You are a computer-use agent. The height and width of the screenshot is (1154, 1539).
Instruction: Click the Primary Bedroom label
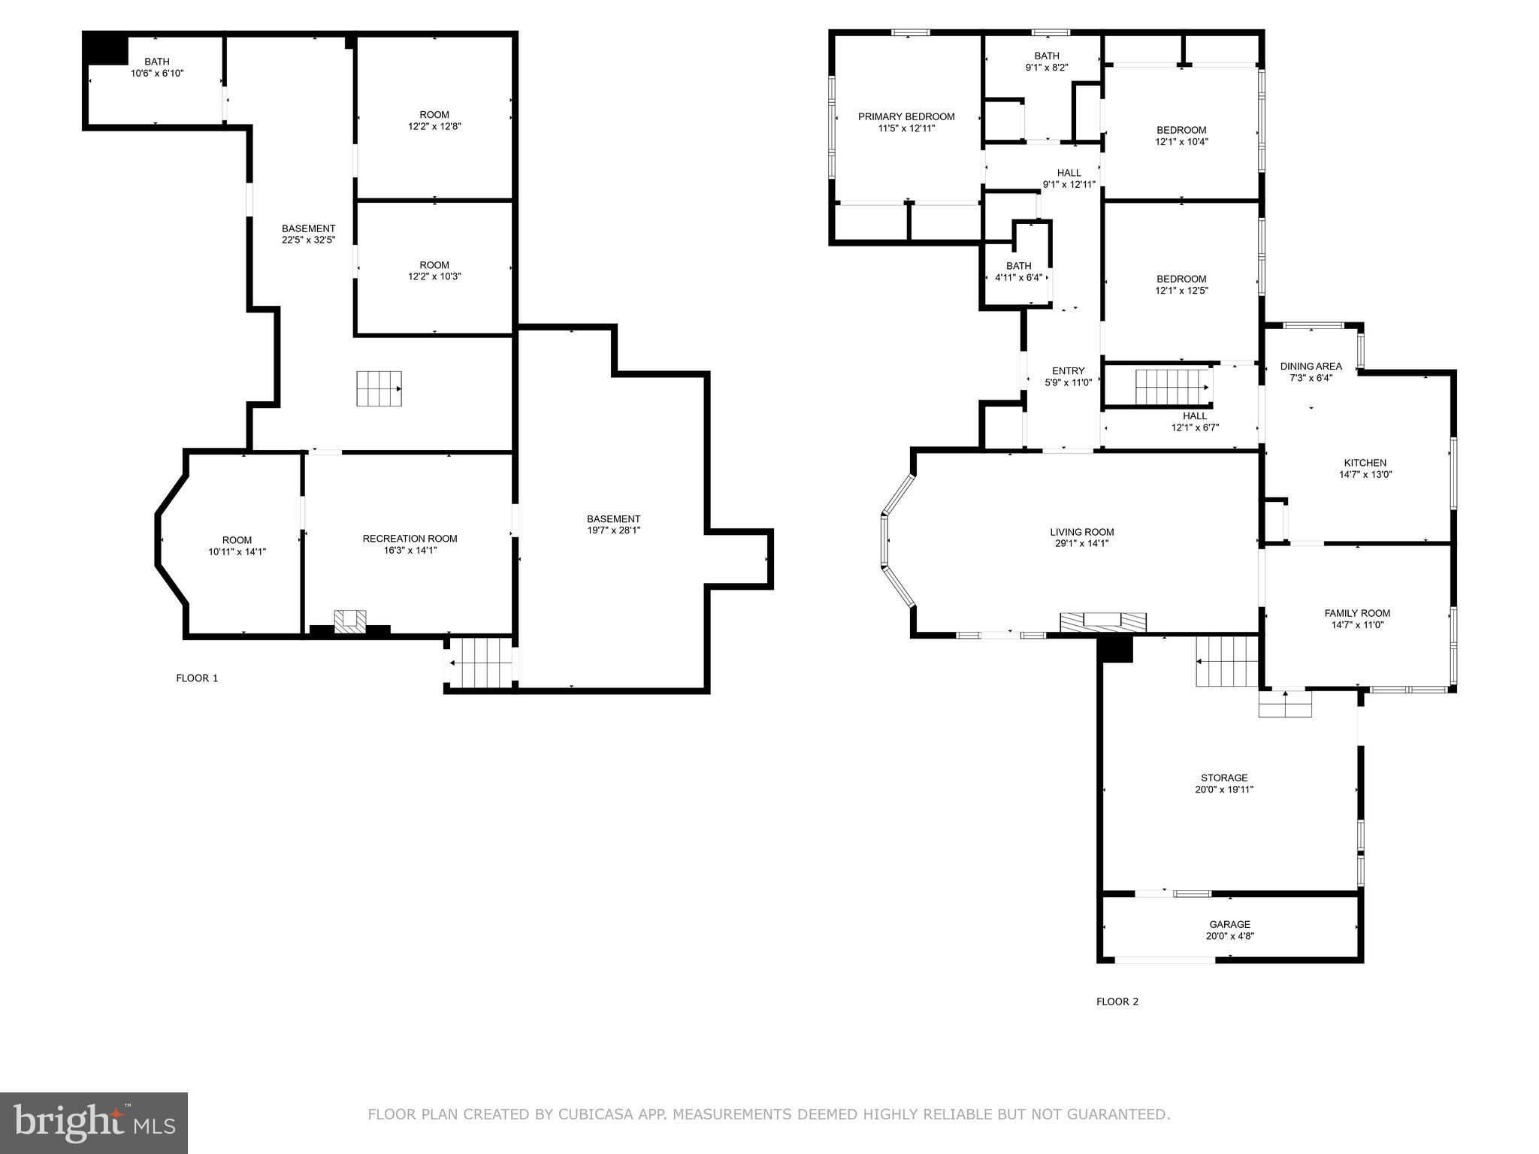point(906,116)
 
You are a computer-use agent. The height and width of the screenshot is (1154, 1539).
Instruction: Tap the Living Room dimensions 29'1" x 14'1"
point(1081,543)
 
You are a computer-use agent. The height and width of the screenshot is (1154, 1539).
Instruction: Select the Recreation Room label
point(410,539)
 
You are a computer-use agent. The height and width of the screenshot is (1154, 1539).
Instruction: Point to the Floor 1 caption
point(197,678)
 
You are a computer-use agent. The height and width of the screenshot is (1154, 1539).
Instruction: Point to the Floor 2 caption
point(1117,1001)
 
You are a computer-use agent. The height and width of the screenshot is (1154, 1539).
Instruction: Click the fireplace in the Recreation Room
point(350,621)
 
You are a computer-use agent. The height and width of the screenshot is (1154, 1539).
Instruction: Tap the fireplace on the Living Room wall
point(1102,622)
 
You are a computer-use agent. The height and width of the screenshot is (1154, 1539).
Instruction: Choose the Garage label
point(1229,925)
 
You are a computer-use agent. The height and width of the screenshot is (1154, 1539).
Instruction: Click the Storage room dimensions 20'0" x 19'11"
point(1224,790)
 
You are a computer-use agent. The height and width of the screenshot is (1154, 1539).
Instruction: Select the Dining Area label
point(1311,367)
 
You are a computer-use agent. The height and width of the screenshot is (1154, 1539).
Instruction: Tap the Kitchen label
point(1365,463)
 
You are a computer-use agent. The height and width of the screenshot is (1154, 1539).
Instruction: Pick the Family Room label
point(1356,613)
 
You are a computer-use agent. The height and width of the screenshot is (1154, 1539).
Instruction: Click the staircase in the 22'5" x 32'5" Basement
point(379,388)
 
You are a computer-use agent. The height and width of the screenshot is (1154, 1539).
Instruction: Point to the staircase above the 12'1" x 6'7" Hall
point(1172,386)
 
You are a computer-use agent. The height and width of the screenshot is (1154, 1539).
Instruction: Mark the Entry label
point(1068,371)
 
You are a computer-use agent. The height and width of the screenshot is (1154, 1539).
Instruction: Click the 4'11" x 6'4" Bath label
point(1018,266)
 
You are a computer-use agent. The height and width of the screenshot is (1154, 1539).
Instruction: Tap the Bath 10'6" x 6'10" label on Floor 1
point(157,62)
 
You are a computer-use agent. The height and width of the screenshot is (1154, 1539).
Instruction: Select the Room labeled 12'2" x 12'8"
point(434,115)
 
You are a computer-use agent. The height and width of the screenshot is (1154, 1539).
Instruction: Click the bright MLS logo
point(94,1122)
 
